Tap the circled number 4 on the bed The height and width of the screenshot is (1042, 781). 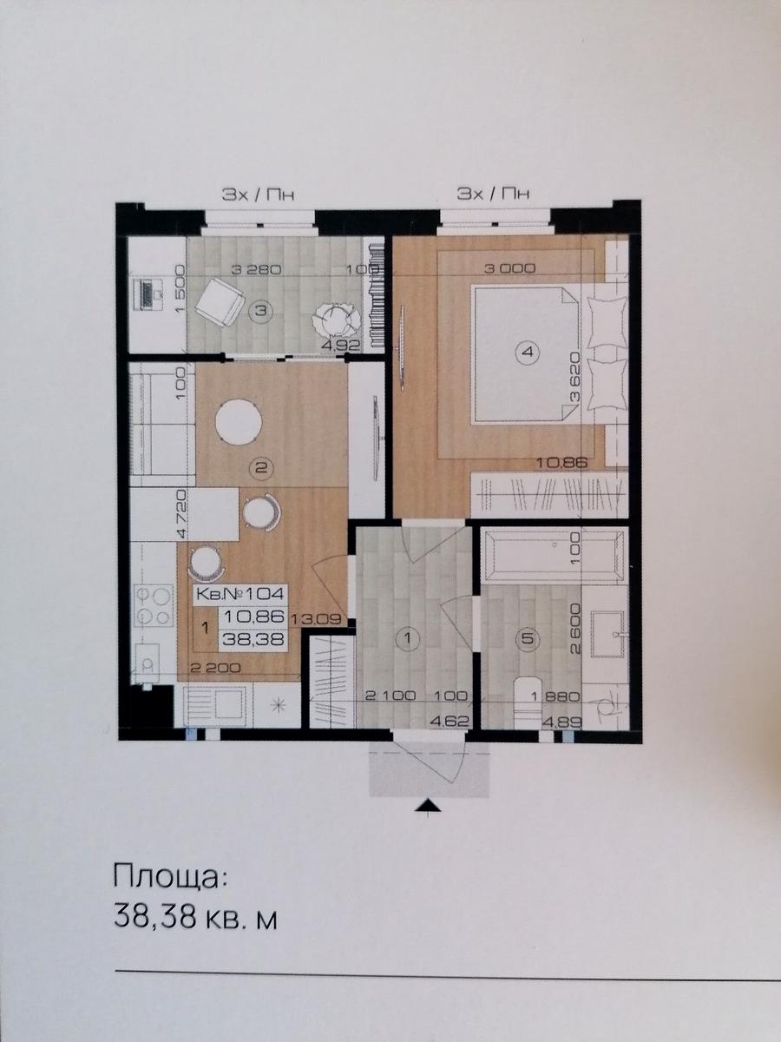529,353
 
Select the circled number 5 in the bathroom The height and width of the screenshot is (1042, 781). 528,639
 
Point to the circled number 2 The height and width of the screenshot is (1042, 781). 261,468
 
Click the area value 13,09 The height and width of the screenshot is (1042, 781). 318,618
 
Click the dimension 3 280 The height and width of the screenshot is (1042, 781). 256,270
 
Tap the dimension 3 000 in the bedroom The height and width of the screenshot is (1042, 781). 510,268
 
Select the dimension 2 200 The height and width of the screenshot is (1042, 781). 216,669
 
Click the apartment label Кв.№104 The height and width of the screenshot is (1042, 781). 240,593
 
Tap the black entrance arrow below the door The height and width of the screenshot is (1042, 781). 430,805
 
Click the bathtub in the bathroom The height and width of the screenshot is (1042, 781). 553,555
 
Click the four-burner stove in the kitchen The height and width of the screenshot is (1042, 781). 152,606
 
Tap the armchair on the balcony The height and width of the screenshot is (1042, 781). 220,302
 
